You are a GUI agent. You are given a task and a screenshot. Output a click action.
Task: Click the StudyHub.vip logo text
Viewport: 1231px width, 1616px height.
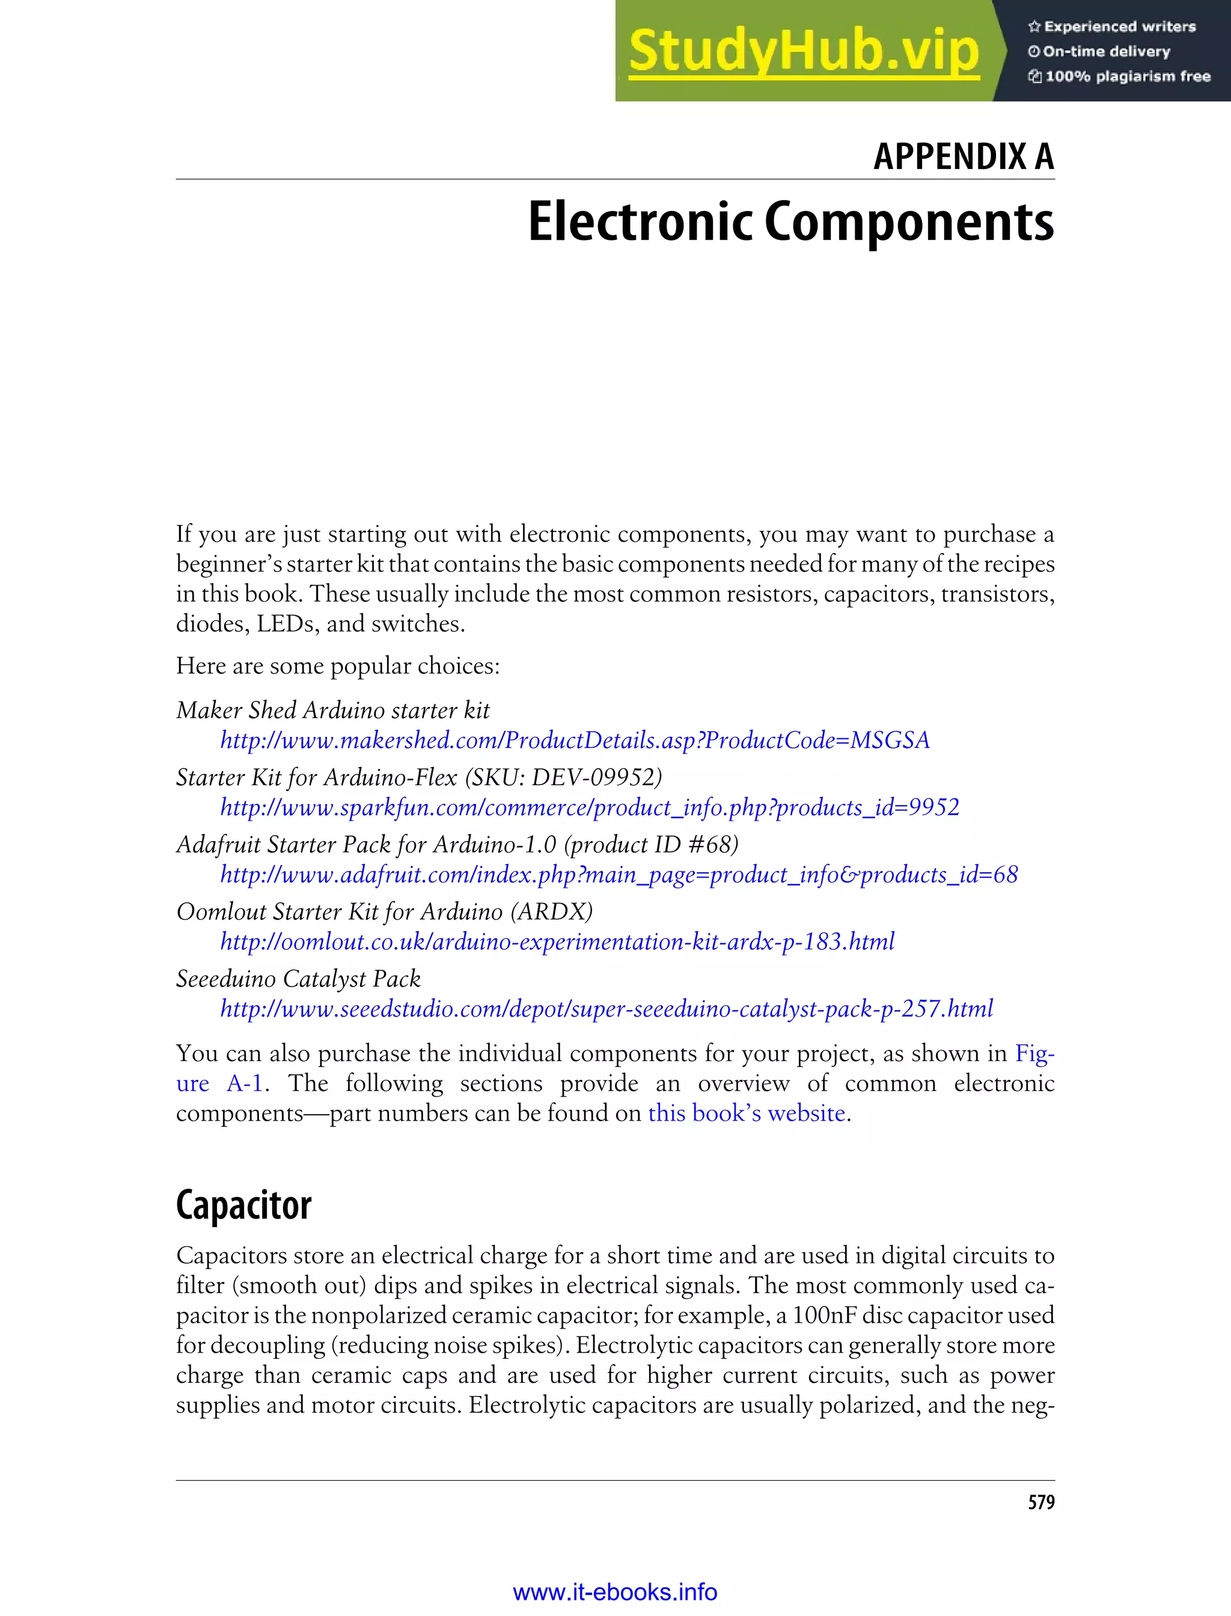804,51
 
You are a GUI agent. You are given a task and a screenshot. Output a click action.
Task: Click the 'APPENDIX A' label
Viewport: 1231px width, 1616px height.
963,156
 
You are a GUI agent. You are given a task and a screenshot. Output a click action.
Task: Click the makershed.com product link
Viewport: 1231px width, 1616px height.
575,740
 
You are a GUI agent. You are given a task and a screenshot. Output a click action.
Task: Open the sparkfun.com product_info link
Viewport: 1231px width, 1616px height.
589,807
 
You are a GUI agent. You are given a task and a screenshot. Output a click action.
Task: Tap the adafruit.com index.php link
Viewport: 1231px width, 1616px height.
619,874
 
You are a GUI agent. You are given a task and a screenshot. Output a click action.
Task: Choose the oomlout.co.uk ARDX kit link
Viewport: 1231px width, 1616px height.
557,941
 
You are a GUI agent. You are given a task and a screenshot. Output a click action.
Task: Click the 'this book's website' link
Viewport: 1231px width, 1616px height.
746,1113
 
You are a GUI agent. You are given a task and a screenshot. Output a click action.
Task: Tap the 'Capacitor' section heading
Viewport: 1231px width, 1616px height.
243,1205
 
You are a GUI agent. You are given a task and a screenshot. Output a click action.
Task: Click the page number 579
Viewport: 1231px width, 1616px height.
1040,1502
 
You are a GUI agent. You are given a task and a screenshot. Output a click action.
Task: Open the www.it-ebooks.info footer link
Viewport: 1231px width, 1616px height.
615,1592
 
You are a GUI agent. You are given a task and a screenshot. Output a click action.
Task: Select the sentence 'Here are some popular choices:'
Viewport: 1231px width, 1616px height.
338,666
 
